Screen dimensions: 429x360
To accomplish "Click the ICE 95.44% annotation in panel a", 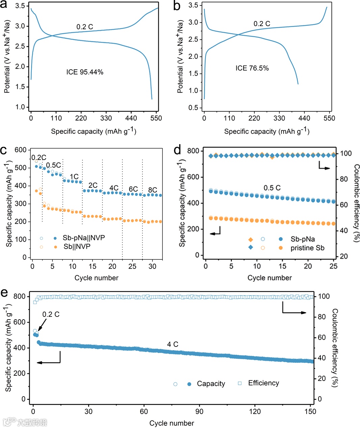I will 85,72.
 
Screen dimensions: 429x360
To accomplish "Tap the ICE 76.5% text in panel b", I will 252,68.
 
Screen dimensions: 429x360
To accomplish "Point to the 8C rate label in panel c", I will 152,190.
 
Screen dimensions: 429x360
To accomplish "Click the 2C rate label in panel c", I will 93,185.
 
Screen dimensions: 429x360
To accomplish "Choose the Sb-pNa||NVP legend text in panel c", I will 84,238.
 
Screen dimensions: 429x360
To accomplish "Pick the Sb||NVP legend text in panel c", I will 77,247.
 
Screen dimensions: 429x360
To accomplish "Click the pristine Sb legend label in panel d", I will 307,248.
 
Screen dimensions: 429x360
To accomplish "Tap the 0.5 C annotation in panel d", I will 272,188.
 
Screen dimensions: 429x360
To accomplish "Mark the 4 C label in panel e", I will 173,344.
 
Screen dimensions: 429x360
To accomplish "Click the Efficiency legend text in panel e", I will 263,383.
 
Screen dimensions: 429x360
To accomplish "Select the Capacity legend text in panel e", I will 211,384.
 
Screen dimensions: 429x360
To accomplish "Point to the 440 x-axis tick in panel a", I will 131,118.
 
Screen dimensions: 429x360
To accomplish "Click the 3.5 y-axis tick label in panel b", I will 193,5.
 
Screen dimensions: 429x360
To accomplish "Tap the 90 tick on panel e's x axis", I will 199,411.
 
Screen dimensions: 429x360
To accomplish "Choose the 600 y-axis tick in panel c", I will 20,150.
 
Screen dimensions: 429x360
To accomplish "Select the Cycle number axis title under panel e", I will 172,423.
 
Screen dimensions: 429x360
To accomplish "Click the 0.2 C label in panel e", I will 51,314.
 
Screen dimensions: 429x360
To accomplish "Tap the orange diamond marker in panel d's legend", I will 251,239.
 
